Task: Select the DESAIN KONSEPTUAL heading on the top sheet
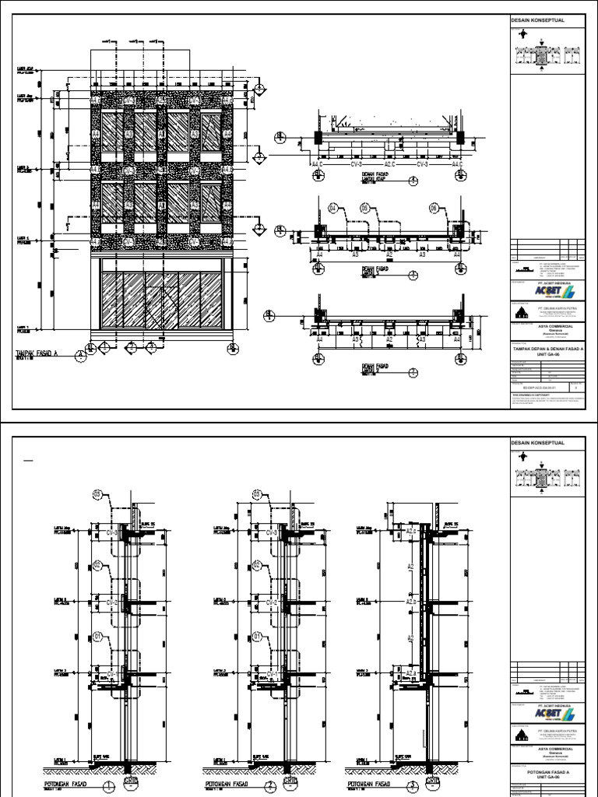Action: point(537,19)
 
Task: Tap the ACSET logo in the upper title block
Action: point(554,293)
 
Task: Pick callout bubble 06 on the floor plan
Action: point(435,208)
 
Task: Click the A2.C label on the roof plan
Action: point(388,164)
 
